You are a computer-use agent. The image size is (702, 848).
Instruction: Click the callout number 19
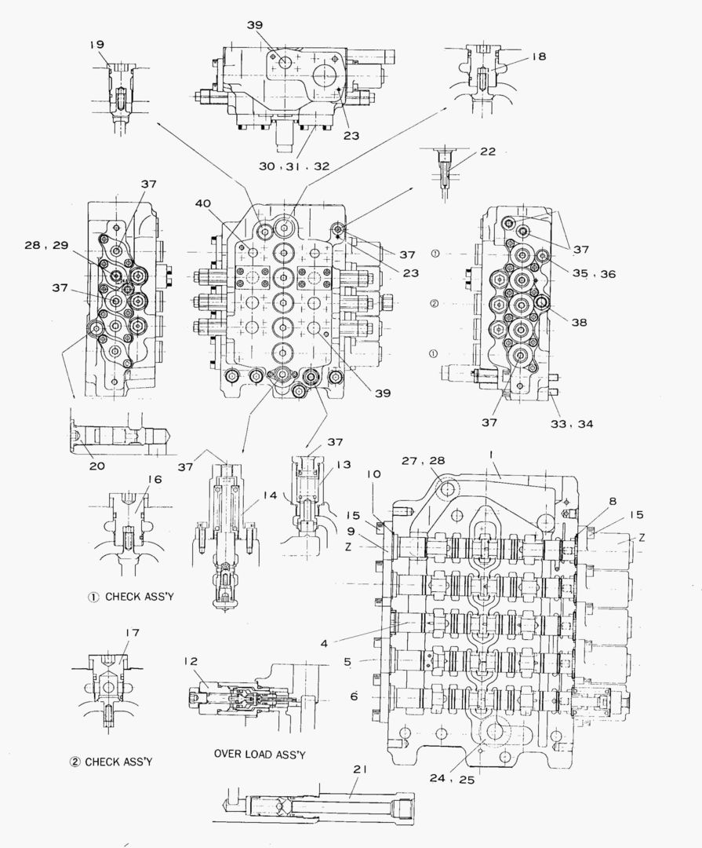point(96,45)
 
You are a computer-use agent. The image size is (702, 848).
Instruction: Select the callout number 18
point(539,57)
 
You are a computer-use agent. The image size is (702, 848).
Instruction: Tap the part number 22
point(488,152)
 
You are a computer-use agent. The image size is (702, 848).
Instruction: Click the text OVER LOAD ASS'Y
point(260,754)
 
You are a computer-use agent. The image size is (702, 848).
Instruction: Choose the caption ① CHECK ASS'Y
point(130,596)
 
